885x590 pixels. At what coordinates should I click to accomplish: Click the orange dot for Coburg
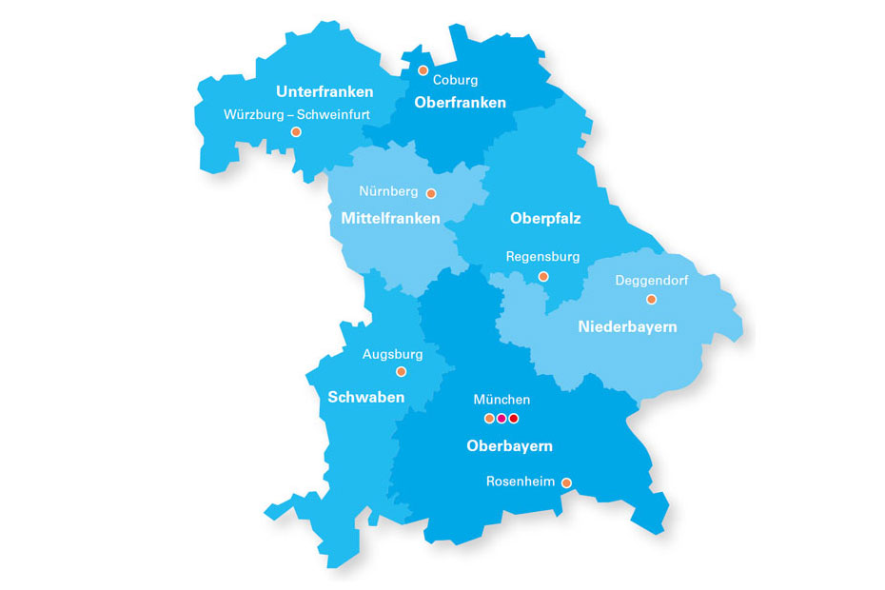[423, 70]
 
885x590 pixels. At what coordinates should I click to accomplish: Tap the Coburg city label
[455, 80]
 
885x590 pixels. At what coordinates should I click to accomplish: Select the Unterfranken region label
[324, 92]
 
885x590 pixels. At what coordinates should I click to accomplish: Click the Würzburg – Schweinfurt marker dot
[296, 132]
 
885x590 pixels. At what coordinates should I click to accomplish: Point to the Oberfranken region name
[461, 103]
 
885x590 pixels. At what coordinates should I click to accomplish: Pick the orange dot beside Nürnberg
[430, 193]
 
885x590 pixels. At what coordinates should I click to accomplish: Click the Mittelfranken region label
[390, 219]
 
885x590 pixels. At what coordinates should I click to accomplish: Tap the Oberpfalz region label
[545, 219]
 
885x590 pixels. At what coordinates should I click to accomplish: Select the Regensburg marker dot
[543, 277]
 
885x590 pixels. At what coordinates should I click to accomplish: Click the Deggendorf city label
[652, 281]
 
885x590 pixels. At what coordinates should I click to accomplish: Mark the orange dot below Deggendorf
[651, 299]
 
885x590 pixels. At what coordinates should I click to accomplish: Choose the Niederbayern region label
[628, 327]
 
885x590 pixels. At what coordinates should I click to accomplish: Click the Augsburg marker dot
[401, 372]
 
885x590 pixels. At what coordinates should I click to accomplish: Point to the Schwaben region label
[366, 397]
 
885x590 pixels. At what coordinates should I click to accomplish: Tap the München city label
[501, 400]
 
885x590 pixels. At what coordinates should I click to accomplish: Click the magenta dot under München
[501, 419]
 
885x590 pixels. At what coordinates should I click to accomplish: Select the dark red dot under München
[514, 419]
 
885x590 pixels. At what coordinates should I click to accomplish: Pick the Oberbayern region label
[509, 445]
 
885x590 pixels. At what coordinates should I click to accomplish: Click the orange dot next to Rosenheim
[566, 482]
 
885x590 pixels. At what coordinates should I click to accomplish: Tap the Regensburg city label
[542, 257]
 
